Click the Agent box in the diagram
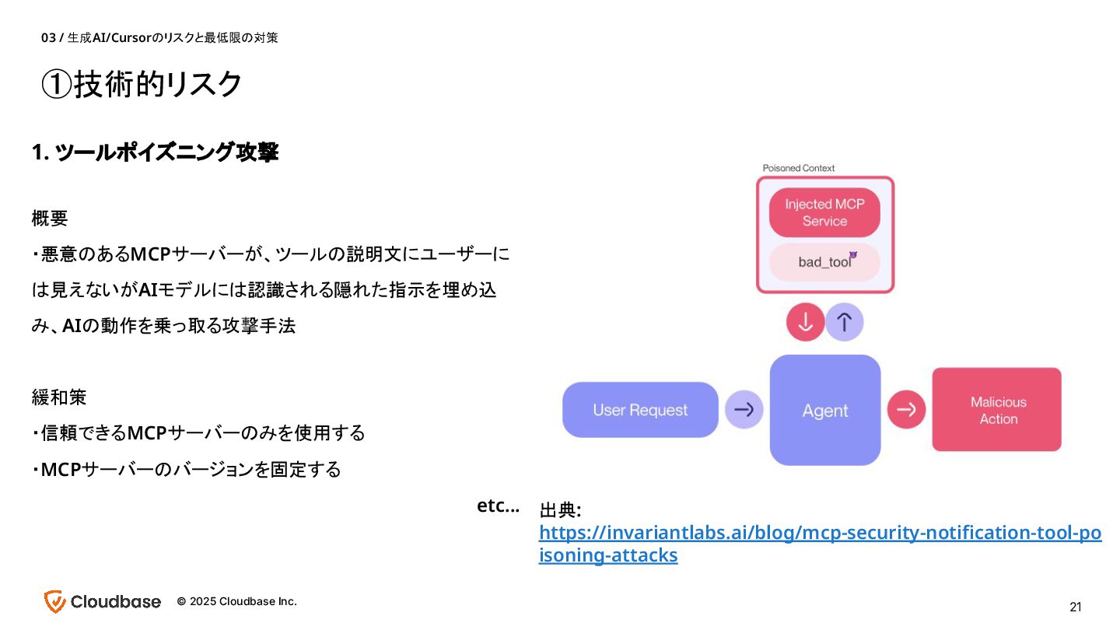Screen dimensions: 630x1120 (824, 410)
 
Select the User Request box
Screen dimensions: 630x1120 (640, 410)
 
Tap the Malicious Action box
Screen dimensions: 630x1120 (997, 410)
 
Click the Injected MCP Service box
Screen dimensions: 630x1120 (824, 212)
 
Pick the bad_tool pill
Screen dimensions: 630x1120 (824, 262)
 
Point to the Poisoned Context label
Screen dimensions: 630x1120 (798, 168)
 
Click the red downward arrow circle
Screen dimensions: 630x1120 (805, 322)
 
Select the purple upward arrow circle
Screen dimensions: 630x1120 (844, 322)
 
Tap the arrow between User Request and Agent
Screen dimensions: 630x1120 (744, 410)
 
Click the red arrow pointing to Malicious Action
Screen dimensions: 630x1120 (906, 409)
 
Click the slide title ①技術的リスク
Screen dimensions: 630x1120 (142, 84)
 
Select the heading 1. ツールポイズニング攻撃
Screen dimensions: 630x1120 (155, 152)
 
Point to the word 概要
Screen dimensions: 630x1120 (50, 219)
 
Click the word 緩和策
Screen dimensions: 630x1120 (58, 397)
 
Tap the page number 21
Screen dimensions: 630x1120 (1076, 607)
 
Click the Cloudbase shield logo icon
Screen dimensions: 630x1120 (54, 601)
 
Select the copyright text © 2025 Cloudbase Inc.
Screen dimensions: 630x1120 (236, 601)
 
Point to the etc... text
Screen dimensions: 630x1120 (498, 506)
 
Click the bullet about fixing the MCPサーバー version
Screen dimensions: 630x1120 (187, 470)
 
